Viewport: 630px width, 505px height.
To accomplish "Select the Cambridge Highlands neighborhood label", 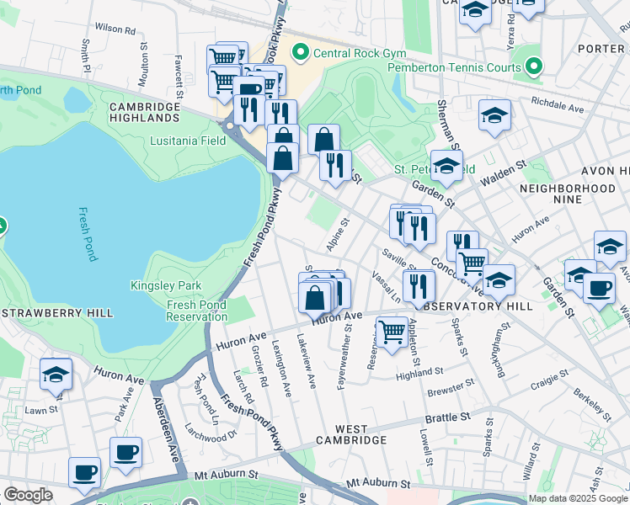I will (x=144, y=113).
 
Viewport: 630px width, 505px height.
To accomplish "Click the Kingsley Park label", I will (x=166, y=285).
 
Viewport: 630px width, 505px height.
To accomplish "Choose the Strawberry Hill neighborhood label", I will (x=56, y=312).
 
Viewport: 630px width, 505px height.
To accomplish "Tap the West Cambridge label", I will (x=351, y=434).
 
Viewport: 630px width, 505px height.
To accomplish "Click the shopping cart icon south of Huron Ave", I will (x=392, y=333).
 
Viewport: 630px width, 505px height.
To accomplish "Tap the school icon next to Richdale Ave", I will (x=494, y=116).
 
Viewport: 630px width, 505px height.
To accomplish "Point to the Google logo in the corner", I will (x=28, y=495).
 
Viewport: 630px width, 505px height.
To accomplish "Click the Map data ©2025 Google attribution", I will (x=578, y=498).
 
